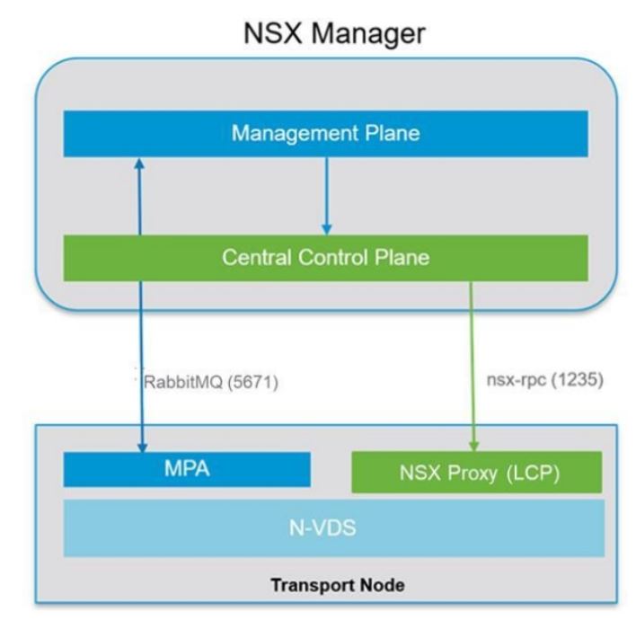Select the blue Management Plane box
coord(325,133)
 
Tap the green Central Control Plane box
coord(325,258)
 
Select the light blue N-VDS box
coord(332,528)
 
